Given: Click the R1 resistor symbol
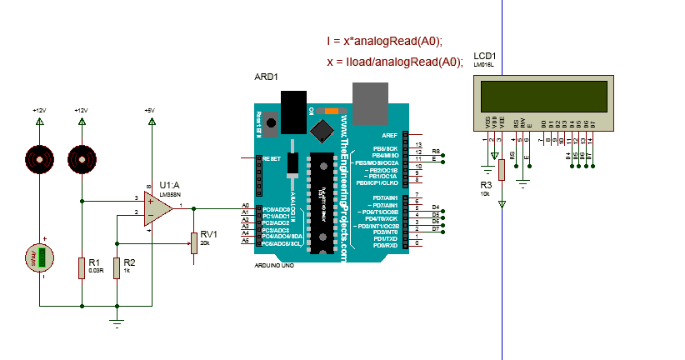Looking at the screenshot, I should pos(82,267).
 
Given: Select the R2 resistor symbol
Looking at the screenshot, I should pos(117,267).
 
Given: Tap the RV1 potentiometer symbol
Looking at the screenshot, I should pos(194,242).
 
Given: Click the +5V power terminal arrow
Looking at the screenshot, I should pos(151,122).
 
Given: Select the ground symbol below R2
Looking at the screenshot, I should pos(117,321).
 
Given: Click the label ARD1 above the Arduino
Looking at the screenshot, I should pos(266,77).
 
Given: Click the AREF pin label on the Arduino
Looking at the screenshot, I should pos(389,134).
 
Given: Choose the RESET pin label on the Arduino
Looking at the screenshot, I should pos(272,157).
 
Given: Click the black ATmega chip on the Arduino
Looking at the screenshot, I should pos(321,201).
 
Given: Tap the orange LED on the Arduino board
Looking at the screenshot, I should pos(331,111).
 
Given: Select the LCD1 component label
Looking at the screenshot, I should pos(484,56).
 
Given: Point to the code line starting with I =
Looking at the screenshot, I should pos(384,41).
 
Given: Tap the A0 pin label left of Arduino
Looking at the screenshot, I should pos(245,205).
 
